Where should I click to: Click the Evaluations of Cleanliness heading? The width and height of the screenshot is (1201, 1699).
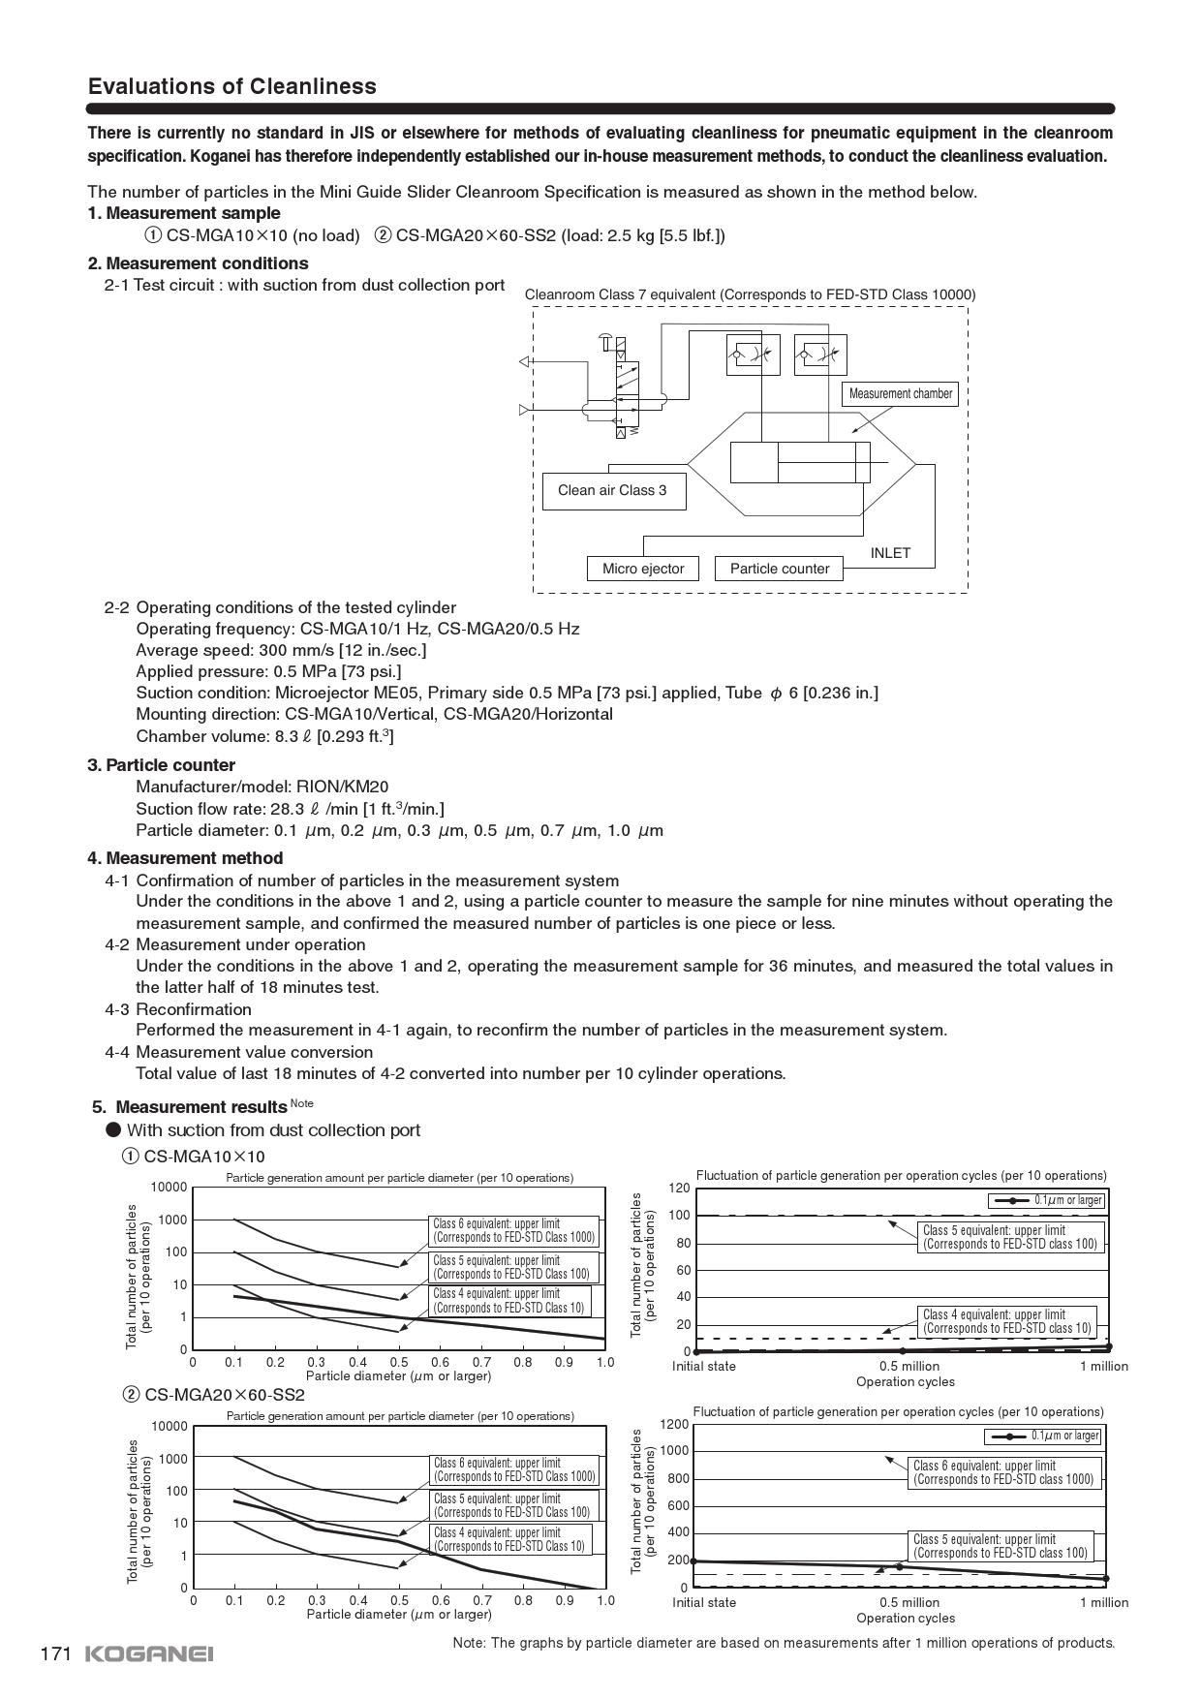[231, 86]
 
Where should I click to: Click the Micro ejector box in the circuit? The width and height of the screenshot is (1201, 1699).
[643, 569]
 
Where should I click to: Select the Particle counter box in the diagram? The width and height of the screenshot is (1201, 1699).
[780, 569]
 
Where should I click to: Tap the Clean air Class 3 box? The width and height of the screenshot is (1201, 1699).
[612, 490]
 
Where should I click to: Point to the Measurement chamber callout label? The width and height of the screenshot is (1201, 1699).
[901, 393]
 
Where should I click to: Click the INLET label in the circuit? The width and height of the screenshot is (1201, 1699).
[890, 553]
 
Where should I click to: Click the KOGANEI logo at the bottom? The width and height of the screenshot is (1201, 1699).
[149, 1653]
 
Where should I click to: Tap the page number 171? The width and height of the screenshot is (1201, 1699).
[56, 1653]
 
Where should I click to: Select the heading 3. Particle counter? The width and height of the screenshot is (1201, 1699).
[161, 765]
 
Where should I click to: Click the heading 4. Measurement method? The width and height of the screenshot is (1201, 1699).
[185, 858]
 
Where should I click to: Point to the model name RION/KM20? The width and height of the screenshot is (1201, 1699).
[342, 787]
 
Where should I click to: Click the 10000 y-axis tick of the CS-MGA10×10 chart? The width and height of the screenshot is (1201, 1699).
[169, 1188]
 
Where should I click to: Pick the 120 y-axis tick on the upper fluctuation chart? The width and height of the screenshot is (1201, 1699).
[679, 1188]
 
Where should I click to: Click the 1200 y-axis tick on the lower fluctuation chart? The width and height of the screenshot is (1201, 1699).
[674, 1424]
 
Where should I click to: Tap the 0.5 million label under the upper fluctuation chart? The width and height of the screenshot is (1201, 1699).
[908, 1366]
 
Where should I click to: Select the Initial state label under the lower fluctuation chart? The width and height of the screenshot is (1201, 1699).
[704, 1602]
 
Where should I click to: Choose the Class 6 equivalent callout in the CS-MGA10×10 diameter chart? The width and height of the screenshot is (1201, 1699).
[513, 1230]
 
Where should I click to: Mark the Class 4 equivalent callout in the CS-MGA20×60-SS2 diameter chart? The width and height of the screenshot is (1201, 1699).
[509, 1539]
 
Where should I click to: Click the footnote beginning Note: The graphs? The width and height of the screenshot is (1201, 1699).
[784, 1643]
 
